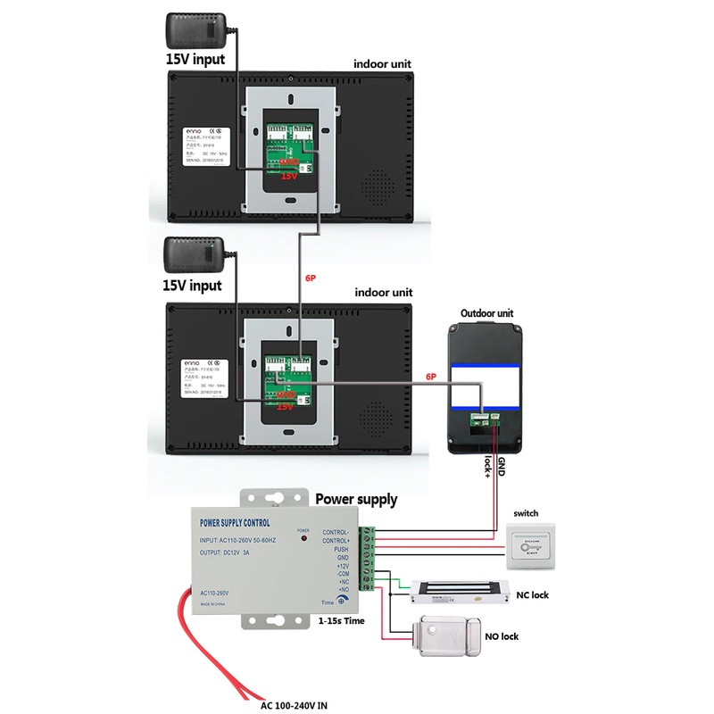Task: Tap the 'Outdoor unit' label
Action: point(486,314)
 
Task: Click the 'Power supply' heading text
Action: point(357,500)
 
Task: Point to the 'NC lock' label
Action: point(533,594)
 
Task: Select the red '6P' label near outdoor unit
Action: point(431,378)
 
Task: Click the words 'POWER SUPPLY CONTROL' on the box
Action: point(235,522)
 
